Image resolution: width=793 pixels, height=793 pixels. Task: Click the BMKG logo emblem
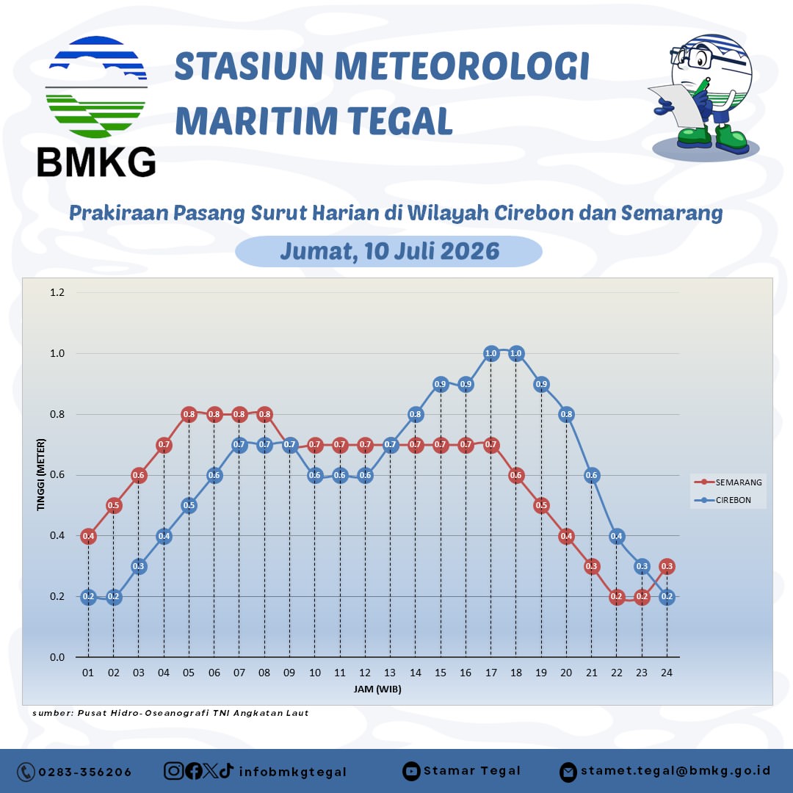(96, 87)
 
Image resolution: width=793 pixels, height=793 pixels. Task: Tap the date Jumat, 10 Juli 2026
(389, 251)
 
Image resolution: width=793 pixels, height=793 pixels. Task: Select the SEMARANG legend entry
(728, 482)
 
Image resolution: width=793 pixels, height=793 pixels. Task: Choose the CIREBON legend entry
(723, 500)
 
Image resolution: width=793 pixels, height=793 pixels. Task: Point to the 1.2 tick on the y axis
(57, 292)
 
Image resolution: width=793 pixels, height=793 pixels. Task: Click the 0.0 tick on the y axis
(57, 657)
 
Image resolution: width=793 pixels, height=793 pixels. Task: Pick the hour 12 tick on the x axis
(365, 673)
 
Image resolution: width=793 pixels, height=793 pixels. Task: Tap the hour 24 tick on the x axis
(667, 673)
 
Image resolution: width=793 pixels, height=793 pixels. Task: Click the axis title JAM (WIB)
(377, 689)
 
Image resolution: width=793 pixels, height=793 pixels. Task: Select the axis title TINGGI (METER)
(41, 475)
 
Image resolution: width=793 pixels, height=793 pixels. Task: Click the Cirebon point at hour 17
(490, 353)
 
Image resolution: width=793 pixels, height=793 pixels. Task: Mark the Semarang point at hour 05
(189, 414)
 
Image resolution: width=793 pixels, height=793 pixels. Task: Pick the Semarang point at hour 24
(667, 566)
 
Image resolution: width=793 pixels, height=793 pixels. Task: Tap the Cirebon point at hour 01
(89, 597)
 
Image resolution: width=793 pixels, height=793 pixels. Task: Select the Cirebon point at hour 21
(591, 475)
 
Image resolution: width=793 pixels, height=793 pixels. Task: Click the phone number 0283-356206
(85, 772)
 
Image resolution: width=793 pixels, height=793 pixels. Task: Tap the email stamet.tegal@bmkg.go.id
(676, 771)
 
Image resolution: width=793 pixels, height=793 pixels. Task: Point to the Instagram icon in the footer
(173, 771)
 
